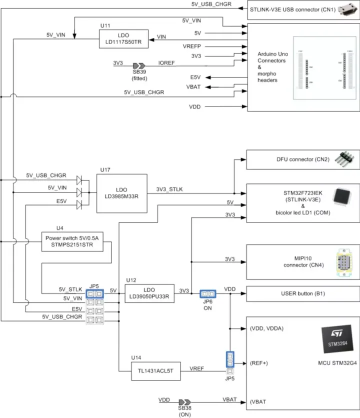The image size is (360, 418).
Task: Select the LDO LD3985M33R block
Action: tap(121, 193)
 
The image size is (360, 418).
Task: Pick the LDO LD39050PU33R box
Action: tap(149, 293)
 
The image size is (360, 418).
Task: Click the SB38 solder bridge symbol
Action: tap(184, 402)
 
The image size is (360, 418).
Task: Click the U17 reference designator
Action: tap(105, 170)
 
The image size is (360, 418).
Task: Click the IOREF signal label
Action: tap(166, 63)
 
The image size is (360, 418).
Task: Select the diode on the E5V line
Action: tap(79, 203)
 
